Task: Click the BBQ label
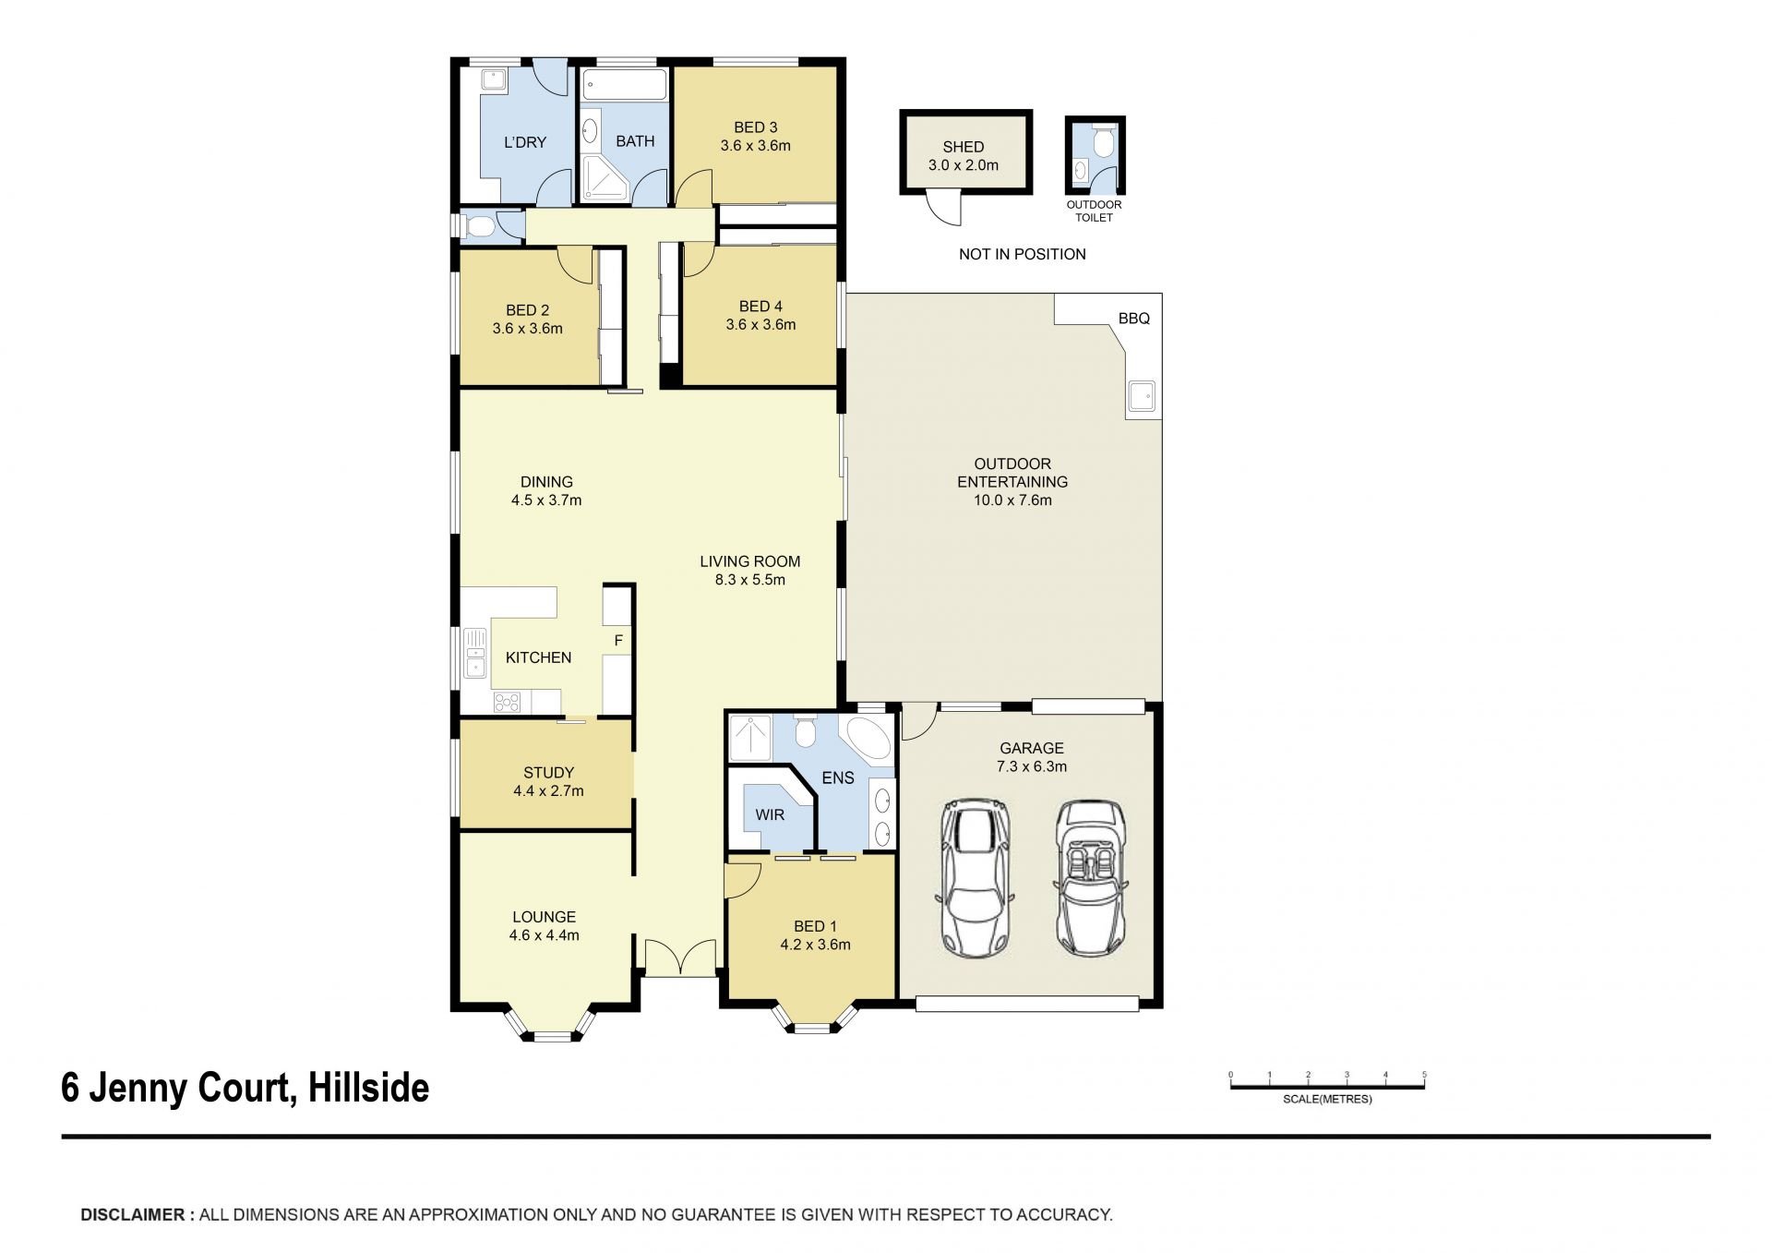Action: (1133, 319)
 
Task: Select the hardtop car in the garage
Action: (976, 878)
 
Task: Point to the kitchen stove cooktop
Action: (507, 702)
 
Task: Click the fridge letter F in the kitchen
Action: (618, 640)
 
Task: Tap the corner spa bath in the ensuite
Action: (867, 735)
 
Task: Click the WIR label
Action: (770, 815)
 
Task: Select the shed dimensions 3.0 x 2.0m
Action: (963, 165)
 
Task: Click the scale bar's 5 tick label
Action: (1424, 1075)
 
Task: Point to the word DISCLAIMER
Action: (133, 1215)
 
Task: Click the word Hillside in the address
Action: (368, 1088)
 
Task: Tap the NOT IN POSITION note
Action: (1022, 254)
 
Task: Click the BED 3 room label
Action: (755, 127)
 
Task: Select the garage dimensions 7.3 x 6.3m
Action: (1031, 766)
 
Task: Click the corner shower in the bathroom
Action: (605, 178)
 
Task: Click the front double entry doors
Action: (680, 958)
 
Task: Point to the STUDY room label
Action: (548, 773)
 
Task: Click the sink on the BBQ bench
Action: (1143, 397)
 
